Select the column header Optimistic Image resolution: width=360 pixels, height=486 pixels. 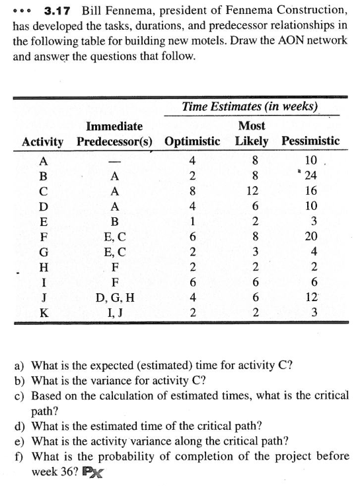click(192, 141)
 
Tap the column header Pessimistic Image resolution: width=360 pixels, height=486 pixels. click(310, 141)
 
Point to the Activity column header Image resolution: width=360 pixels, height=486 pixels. click(43, 141)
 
